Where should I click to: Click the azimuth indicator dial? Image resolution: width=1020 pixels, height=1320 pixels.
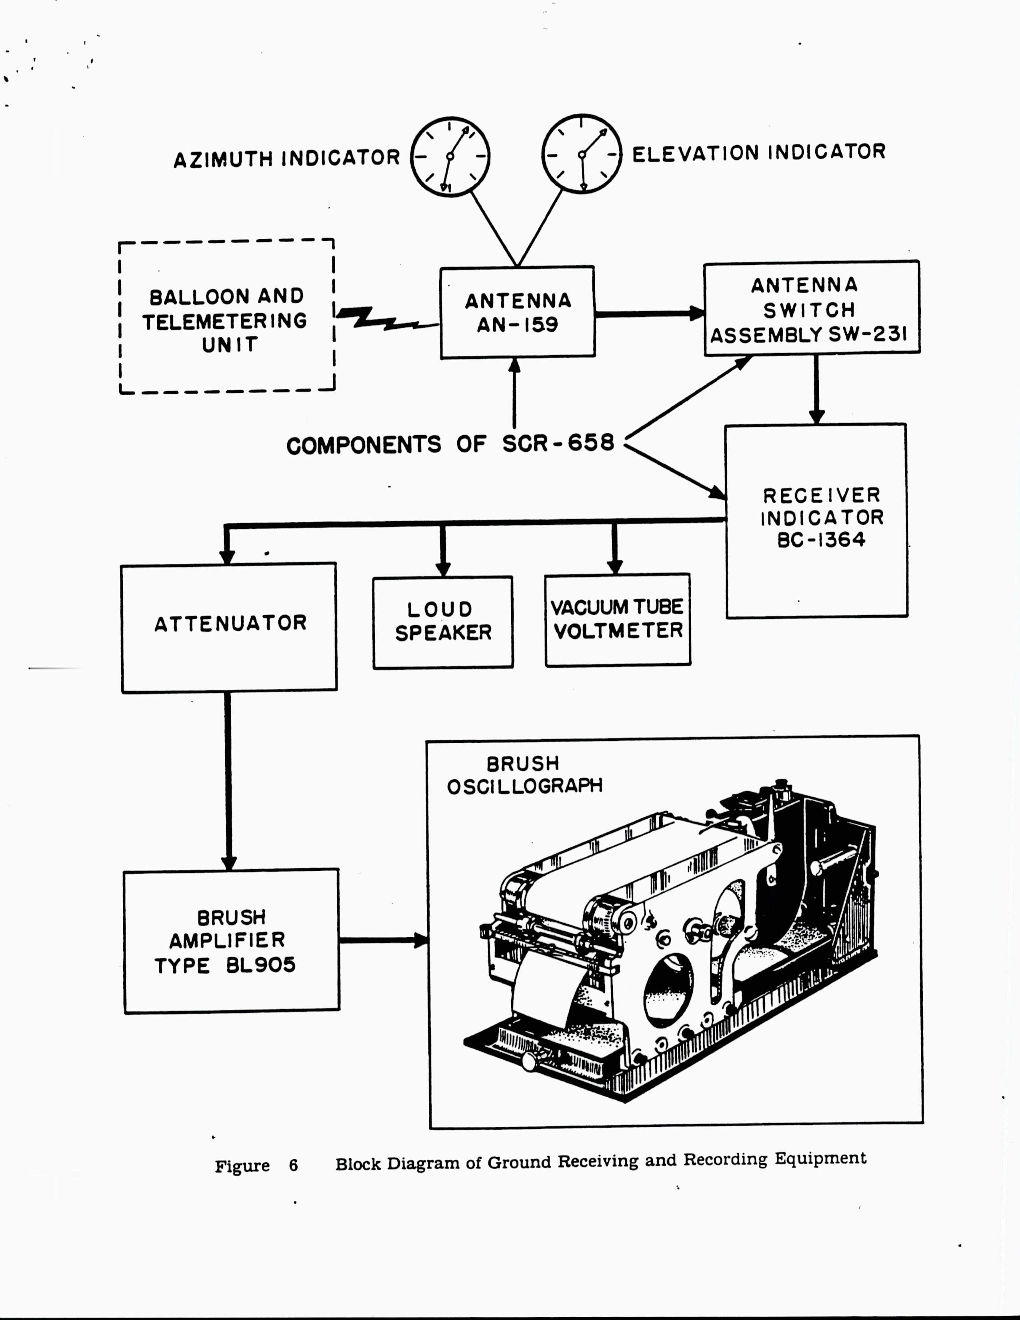coord(450,156)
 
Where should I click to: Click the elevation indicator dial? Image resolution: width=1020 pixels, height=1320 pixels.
coord(581,154)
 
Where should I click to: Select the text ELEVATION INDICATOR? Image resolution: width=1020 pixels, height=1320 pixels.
coord(758,152)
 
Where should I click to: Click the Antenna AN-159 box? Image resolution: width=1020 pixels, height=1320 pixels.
coord(517,312)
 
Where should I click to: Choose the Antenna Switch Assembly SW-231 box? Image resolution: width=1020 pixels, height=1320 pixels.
coord(811,308)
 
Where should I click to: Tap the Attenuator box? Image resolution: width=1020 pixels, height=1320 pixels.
coord(229,627)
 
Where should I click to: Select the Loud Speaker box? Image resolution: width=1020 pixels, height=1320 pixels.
coord(443,622)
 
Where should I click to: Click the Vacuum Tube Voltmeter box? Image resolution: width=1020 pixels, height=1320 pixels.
coord(618,620)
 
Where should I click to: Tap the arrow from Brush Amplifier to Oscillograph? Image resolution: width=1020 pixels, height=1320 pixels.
coord(383,940)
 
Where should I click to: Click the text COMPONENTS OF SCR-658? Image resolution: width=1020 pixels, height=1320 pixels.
coord(450,444)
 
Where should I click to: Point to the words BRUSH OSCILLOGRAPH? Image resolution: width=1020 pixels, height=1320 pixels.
coord(524,775)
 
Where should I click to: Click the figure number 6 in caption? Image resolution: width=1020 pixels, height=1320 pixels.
coord(294,1165)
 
